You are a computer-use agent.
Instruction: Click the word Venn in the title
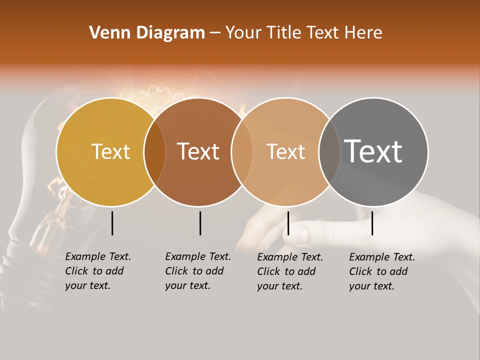[x=106, y=33]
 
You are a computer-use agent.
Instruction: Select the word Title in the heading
[x=284, y=33]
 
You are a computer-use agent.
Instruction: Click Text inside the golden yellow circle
[x=110, y=151]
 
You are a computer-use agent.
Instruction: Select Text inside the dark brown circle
[x=198, y=151]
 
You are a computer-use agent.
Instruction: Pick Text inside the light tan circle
[x=285, y=151]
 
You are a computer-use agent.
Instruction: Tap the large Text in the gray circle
[x=373, y=151]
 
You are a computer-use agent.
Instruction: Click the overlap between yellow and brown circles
[x=154, y=152]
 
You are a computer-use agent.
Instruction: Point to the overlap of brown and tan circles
[x=242, y=152]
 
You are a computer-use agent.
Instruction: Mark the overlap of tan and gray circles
[x=328, y=152]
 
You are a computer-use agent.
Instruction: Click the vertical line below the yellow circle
[x=112, y=223]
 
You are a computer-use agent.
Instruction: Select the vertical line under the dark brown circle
[x=200, y=223]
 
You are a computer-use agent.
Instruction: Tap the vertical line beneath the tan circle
[x=288, y=223]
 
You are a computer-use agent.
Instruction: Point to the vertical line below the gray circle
[x=372, y=223]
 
